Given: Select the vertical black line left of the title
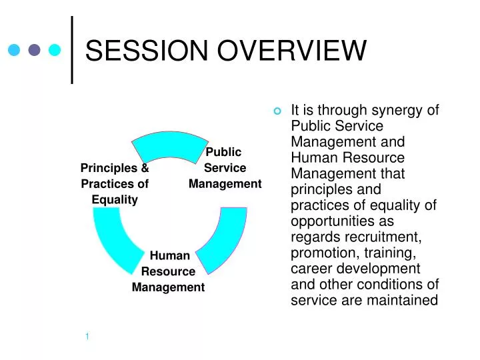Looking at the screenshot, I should click(x=72, y=50).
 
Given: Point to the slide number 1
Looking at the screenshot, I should click(x=87, y=336).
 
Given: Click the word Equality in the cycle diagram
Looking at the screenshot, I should click(x=115, y=199).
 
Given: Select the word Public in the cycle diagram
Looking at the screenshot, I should click(x=225, y=152).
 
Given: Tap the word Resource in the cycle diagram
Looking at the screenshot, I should click(x=168, y=271).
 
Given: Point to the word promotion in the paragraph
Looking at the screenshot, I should click(x=321, y=253).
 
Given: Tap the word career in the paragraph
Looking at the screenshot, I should click(x=311, y=269).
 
